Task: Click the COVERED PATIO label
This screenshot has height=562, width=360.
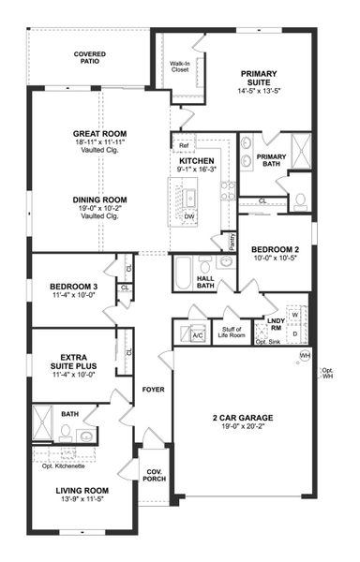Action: pos(90,59)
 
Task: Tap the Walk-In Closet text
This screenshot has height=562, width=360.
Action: pos(181,67)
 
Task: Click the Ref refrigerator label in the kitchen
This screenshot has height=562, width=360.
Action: pos(184,146)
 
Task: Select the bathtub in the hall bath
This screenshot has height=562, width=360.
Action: pos(184,273)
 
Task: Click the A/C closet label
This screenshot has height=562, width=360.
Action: pos(198,334)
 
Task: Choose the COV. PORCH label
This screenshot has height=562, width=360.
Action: pos(152,475)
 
